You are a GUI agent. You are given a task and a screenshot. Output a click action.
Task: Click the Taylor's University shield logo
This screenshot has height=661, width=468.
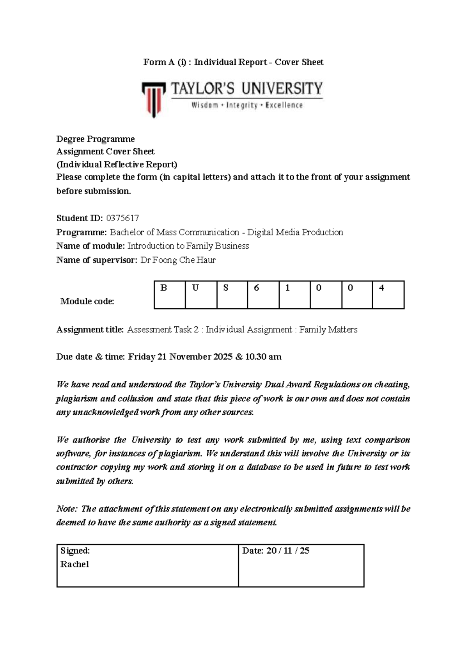[154, 99]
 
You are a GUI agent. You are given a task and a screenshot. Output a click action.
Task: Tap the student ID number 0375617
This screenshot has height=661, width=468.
[122, 218]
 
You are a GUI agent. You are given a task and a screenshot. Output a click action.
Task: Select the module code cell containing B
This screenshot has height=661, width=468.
[170, 295]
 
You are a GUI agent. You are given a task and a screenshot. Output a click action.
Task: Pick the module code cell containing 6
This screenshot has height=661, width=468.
[263, 295]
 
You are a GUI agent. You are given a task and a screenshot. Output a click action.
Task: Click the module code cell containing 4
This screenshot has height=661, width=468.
[388, 295]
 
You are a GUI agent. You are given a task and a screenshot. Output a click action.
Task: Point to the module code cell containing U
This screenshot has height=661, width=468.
[201, 295]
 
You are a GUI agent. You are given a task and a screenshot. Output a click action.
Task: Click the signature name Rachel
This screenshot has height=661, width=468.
[74, 564]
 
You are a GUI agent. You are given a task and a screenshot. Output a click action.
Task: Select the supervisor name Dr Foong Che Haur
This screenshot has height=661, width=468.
[178, 260]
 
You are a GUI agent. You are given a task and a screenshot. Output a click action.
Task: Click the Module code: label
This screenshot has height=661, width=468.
[87, 301]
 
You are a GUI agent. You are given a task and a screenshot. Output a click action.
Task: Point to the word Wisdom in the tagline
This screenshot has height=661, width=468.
[204, 105]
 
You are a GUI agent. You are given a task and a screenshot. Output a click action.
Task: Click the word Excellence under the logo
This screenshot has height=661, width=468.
[284, 105]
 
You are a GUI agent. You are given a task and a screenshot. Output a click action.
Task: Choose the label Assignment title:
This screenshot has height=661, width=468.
[90, 330]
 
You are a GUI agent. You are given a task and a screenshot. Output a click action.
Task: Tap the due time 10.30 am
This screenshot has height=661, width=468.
[263, 357]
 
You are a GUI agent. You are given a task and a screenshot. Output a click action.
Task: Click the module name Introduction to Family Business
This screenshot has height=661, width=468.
[188, 246]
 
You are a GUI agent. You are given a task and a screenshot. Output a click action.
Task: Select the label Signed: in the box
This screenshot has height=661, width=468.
[75, 551]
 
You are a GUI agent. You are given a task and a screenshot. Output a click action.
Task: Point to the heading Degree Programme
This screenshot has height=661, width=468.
[96, 139]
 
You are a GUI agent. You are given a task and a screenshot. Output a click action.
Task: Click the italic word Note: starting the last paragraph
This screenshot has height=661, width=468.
[67, 509]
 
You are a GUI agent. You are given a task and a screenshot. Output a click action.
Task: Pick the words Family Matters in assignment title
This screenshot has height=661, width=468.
[328, 330]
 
